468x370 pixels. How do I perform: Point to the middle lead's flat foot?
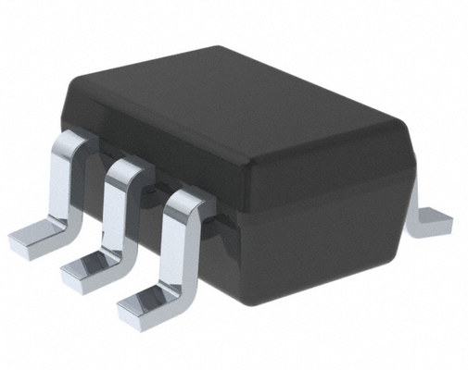[x=87, y=268]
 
